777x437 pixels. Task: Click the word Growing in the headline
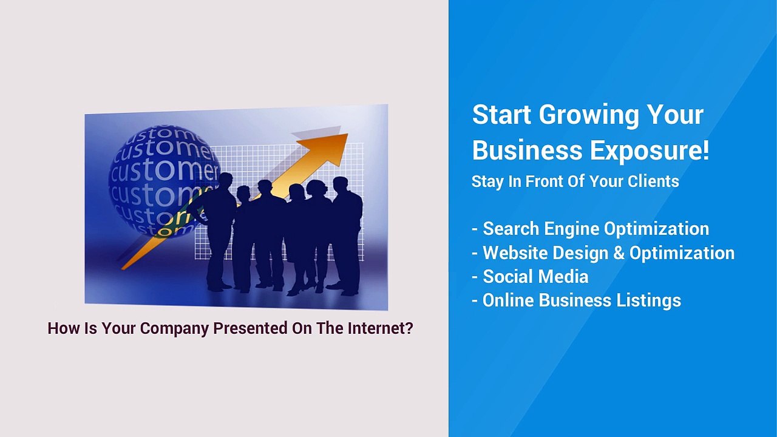(x=589, y=116)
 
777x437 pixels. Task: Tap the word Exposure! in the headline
(x=650, y=150)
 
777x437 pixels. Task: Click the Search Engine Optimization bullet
(x=591, y=229)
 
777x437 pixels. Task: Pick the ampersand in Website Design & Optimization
(x=619, y=252)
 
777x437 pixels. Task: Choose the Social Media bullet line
(x=530, y=276)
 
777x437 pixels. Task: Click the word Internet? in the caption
(x=381, y=328)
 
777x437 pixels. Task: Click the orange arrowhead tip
(x=347, y=134)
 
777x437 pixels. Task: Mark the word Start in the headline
(x=501, y=115)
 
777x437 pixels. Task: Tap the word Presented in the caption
(x=250, y=328)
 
